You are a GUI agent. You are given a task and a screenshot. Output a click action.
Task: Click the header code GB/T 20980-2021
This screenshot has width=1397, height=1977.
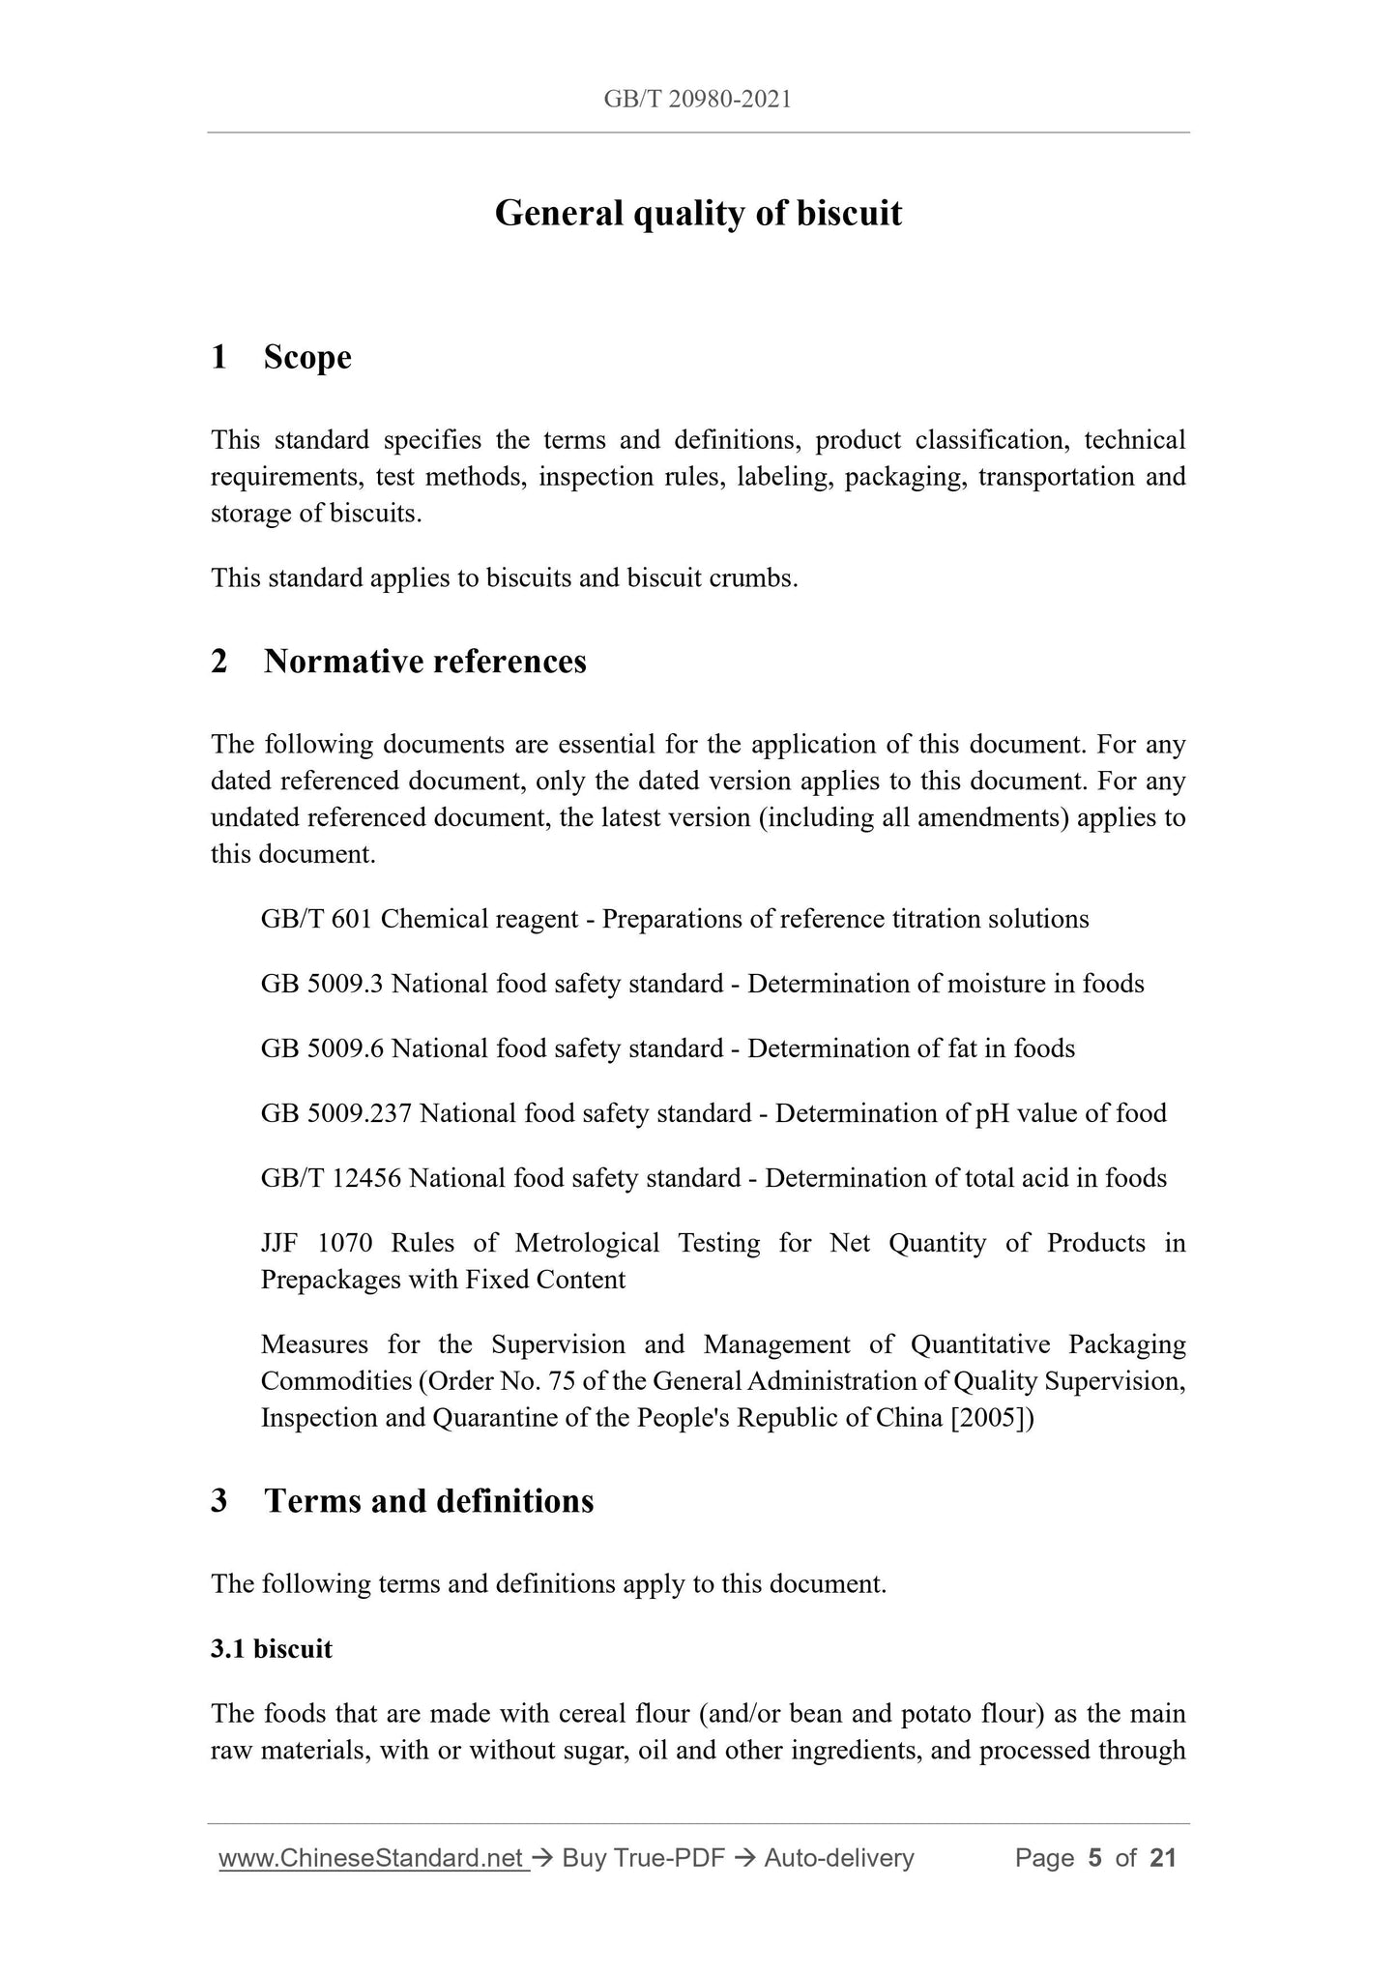click(697, 99)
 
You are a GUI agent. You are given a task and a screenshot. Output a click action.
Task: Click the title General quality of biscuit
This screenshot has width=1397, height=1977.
click(698, 213)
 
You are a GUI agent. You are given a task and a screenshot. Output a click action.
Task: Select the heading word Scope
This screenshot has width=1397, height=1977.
click(307, 357)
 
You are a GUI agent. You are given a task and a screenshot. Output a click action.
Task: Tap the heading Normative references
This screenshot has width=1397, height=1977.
click(425, 662)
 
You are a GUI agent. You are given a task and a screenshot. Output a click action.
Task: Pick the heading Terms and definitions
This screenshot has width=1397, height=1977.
click(429, 1501)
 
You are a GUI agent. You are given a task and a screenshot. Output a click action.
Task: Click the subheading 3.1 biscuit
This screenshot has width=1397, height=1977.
click(272, 1649)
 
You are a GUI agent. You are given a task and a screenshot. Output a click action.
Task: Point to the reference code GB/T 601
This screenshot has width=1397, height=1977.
click(316, 919)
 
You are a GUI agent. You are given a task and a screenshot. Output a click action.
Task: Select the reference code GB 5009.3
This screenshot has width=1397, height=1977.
click(323, 984)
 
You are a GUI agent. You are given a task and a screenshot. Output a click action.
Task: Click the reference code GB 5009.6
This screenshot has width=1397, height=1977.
click(323, 1048)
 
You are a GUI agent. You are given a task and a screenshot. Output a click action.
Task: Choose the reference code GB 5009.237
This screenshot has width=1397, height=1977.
click(336, 1113)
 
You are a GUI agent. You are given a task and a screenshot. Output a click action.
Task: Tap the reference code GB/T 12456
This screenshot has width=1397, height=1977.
click(332, 1178)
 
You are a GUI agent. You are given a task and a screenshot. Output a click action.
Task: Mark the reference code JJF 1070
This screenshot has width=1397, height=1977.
click(316, 1243)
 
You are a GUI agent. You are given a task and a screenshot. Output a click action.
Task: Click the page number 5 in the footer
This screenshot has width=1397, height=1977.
click(1095, 1858)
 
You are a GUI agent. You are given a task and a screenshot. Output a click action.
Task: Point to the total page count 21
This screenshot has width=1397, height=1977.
click(1163, 1858)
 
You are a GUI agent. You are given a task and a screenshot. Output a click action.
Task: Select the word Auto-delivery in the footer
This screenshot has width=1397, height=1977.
click(838, 1858)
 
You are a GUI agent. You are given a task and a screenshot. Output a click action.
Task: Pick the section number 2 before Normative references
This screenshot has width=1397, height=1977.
click(219, 662)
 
